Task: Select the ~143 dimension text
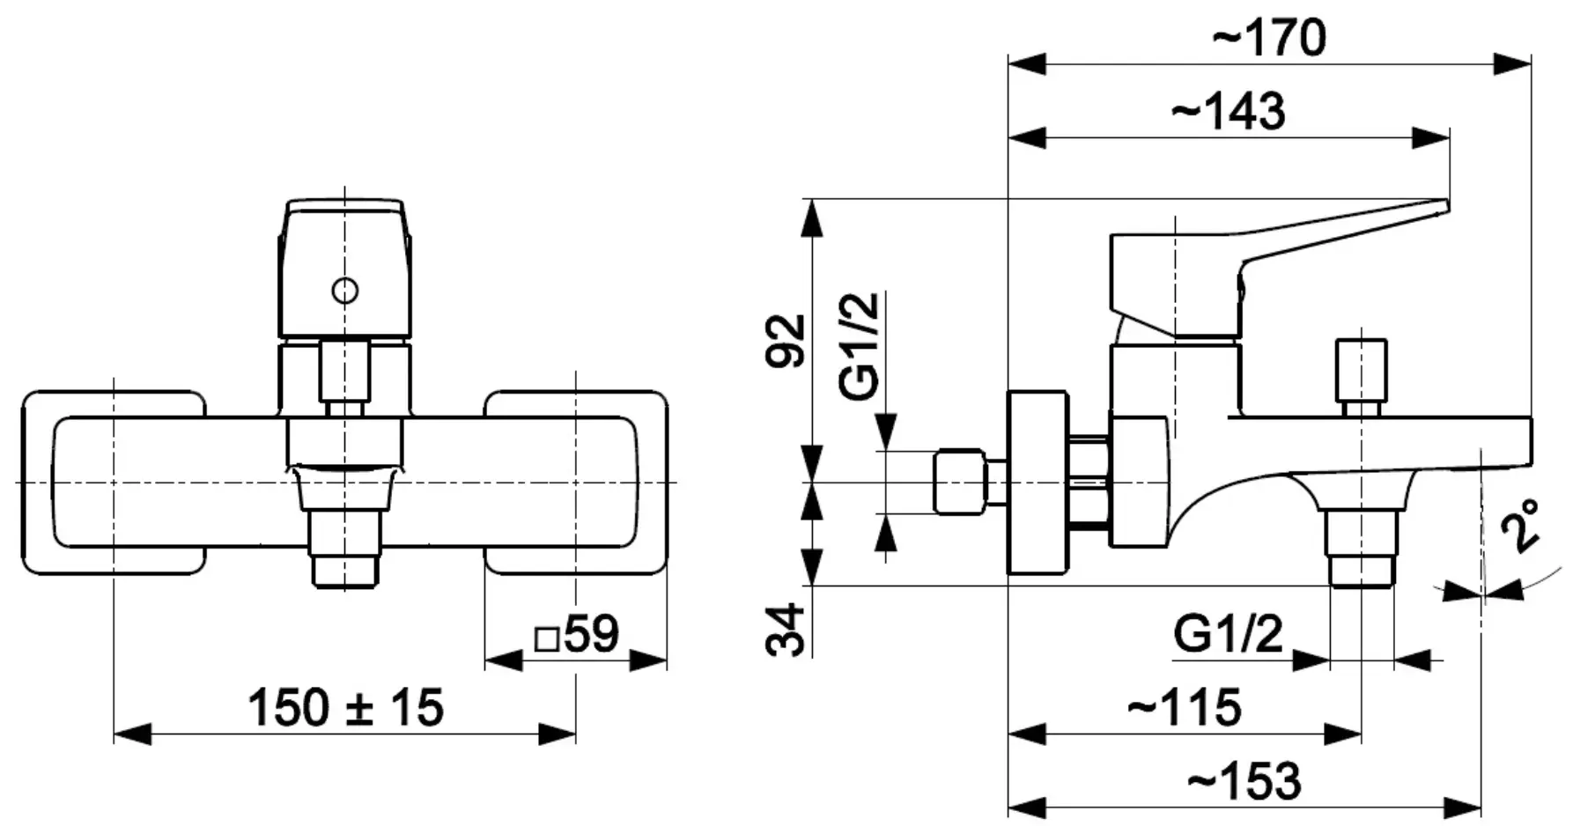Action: (x=1228, y=112)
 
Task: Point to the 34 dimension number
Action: (x=786, y=629)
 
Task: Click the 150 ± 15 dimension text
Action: (x=345, y=707)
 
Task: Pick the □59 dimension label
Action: (x=578, y=634)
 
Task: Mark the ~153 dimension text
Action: (x=1244, y=780)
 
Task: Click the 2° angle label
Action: (x=1524, y=526)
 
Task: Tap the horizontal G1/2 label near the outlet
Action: (x=1228, y=633)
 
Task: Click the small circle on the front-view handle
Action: (x=344, y=290)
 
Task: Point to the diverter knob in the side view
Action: (x=1361, y=370)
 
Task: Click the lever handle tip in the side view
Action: (x=1436, y=208)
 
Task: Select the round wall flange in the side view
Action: (x=1038, y=483)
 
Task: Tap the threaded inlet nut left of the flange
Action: (x=960, y=482)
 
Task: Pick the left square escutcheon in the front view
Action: (x=114, y=483)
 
